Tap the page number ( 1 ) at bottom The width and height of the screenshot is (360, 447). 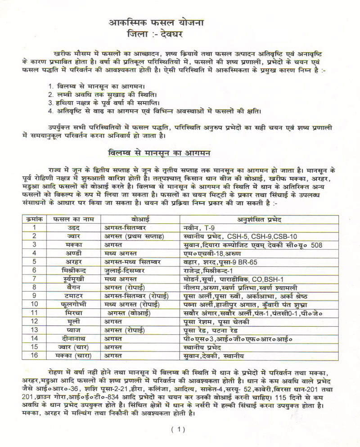pyautogui.click(x=178, y=429)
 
